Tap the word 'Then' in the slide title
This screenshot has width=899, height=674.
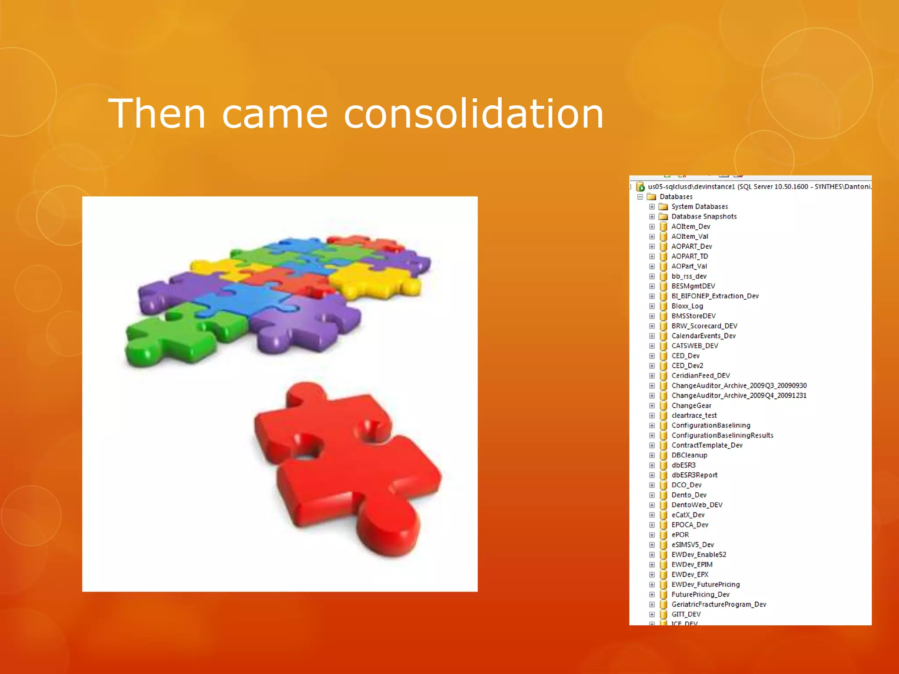[x=157, y=114]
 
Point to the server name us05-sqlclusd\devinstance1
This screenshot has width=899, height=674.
[x=691, y=187]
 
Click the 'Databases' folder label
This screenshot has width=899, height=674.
[x=676, y=197]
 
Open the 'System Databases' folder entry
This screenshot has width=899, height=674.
[x=699, y=207]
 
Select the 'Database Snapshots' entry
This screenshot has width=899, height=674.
[x=704, y=217]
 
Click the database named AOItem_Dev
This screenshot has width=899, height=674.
[x=690, y=227]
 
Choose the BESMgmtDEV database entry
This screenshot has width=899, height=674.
[x=693, y=287]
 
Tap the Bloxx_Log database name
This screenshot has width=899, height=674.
[x=687, y=306]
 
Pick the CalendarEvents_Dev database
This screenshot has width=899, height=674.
[x=703, y=336]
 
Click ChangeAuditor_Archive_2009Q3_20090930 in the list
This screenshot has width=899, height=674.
[x=739, y=386]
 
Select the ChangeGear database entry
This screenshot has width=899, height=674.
[x=691, y=406]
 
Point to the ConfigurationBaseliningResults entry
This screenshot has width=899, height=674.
[x=722, y=436]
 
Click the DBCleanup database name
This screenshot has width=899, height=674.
[x=689, y=455]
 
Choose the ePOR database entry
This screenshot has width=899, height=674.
[x=680, y=535]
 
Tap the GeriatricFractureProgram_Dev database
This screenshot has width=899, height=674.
[x=719, y=605]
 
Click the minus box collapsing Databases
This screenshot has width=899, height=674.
[x=640, y=197]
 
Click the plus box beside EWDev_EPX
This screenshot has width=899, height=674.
[x=652, y=575]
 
